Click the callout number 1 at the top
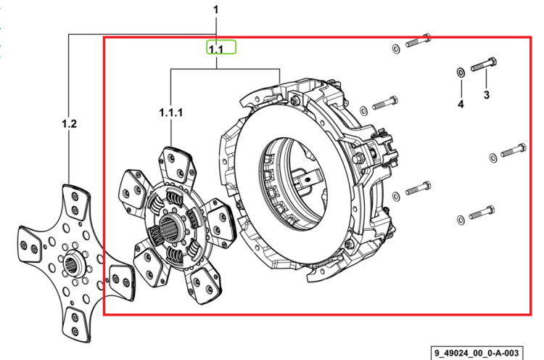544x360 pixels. pos(216,9)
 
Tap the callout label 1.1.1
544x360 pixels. pos(170,112)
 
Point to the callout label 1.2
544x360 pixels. pos(69,123)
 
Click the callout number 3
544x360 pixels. pos(487,94)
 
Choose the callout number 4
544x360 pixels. pos(461,104)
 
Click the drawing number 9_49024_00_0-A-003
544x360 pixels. pos(477,353)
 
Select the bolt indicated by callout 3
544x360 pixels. pos(484,64)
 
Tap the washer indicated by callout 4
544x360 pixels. pos(461,73)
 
